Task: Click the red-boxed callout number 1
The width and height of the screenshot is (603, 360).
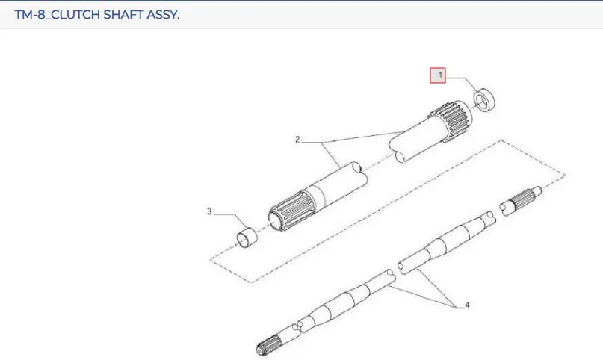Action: tap(438, 75)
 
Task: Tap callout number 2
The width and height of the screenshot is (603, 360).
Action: tap(297, 140)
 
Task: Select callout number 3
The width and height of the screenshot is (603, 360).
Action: tap(209, 211)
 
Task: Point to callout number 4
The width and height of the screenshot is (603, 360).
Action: tap(467, 305)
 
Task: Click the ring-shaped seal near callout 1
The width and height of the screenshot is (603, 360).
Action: tap(483, 101)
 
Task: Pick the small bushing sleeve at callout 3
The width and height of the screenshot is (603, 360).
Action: tap(247, 238)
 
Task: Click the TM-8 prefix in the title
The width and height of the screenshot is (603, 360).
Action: tap(30, 15)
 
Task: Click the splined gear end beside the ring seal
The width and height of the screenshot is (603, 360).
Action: tap(452, 121)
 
